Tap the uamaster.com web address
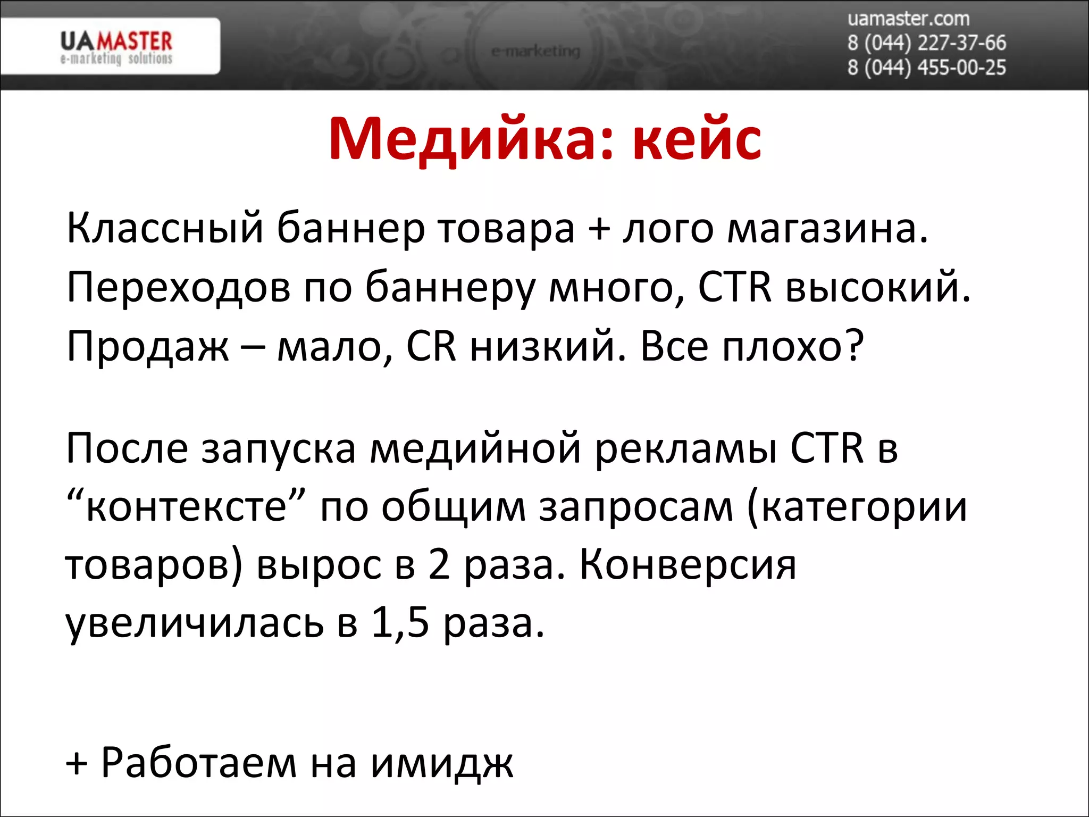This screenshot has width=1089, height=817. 908,19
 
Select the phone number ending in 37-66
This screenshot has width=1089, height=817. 926,43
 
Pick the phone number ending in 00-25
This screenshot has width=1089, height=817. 926,68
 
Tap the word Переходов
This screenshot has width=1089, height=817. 179,288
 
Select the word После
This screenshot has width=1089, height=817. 127,448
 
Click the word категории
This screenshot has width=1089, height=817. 857,506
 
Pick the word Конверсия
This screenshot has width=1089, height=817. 688,565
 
